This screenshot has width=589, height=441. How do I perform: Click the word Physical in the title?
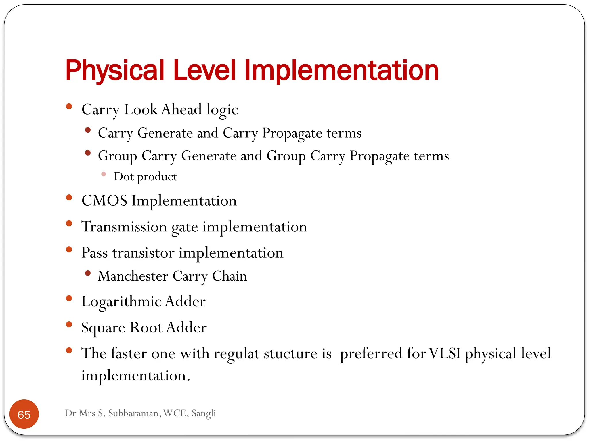(114, 70)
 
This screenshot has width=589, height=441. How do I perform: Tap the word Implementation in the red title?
(341, 70)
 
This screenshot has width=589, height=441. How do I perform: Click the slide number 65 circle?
(24, 414)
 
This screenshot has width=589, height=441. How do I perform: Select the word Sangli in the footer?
(204, 413)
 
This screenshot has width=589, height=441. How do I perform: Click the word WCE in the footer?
(175, 413)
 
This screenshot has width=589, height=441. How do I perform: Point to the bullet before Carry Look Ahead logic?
(69, 107)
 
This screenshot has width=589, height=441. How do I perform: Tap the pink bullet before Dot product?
(104, 174)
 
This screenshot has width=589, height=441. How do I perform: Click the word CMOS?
(104, 200)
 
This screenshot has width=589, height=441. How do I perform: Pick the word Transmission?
(124, 227)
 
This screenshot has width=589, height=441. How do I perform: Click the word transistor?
(143, 253)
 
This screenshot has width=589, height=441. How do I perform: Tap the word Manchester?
(133, 276)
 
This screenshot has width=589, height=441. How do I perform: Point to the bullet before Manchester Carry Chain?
(88, 273)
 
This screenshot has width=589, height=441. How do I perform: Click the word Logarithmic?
(121, 302)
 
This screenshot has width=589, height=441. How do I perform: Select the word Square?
(103, 328)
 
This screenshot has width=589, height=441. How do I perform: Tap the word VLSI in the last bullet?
(445, 353)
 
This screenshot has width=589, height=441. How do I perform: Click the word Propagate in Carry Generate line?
(292, 133)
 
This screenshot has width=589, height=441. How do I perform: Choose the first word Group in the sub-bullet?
(117, 156)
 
